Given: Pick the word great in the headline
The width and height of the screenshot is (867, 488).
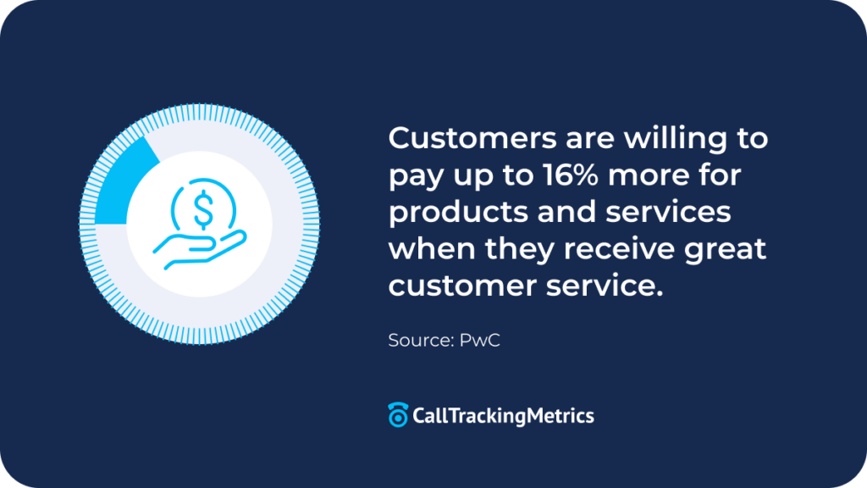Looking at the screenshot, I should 724,251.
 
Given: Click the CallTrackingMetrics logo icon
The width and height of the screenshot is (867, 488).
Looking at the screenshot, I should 397,415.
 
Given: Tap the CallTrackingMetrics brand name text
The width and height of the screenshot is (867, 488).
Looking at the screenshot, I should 503,416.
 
